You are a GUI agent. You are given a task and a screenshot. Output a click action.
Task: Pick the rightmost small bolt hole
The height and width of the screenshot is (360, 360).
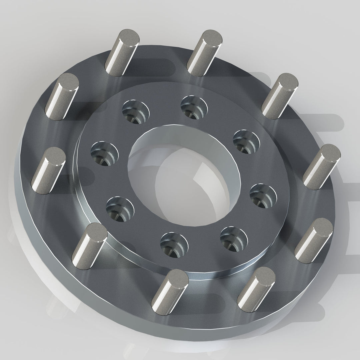pyautogui.click(x=263, y=196)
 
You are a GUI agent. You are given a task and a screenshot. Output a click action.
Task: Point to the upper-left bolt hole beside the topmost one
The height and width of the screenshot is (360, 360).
pyautogui.click(x=135, y=112)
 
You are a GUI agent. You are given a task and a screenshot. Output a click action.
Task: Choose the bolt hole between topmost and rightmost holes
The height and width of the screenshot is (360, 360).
pyautogui.click(x=246, y=141)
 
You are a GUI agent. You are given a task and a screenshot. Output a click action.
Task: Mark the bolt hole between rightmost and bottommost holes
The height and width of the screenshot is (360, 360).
pyautogui.click(x=233, y=239)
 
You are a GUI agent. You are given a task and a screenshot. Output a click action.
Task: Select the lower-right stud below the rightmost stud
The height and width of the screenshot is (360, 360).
pyautogui.click(x=314, y=240)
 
